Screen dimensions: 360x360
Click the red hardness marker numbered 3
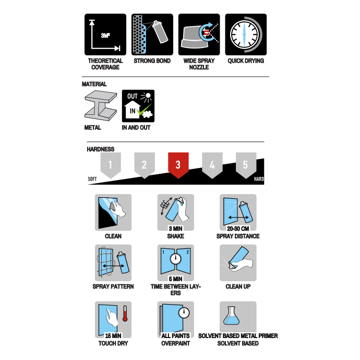tap(178, 165)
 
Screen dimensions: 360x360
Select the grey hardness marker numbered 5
tap(246, 165)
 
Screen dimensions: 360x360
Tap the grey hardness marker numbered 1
tap(111, 165)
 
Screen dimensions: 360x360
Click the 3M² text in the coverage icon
tap(105, 35)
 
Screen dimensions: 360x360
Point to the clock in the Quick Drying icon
tap(244, 34)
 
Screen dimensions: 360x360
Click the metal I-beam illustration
tap(101, 105)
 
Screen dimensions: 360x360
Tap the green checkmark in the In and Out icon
tap(143, 110)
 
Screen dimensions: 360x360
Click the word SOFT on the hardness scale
tap(92, 179)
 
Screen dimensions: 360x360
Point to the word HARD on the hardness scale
tap(259, 179)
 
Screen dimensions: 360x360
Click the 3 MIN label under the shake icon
tap(176, 229)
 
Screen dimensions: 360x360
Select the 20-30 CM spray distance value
tap(238, 229)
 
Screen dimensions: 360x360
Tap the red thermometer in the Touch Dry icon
tap(125, 314)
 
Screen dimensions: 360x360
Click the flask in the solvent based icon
tap(232, 316)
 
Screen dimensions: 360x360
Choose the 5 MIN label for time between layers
tap(176, 279)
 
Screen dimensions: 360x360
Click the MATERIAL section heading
tap(94, 84)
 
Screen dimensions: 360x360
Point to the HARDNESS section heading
tap(101, 149)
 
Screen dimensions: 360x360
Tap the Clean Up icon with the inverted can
tap(238, 262)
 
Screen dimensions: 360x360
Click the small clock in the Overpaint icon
tap(184, 313)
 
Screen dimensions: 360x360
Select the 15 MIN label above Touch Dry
tap(113, 336)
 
